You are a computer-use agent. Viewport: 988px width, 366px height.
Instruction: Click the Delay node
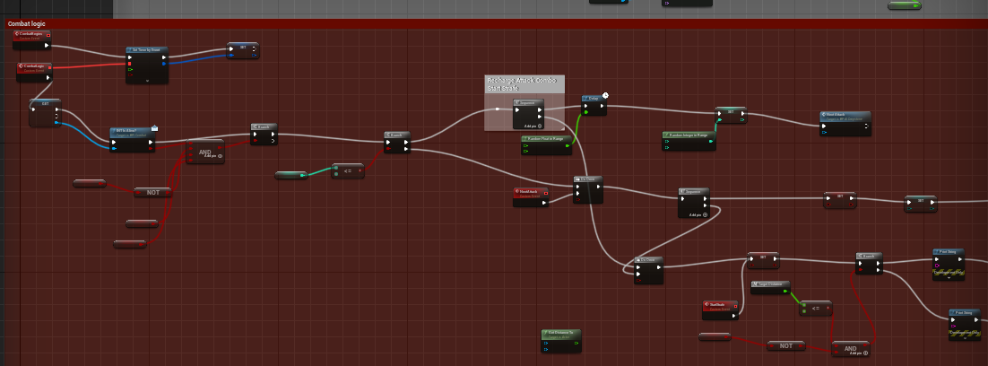pyautogui.click(x=593, y=100)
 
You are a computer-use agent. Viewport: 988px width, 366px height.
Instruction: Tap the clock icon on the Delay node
pyautogui.click(x=605, y=95)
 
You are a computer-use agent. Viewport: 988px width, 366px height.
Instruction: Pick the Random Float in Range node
pyautogui.click(x=546, y=139)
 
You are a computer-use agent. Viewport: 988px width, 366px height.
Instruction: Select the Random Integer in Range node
pyautogui.click(x=689, y=135)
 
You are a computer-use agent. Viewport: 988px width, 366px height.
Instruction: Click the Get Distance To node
pyautogui.click(x=561, y=333)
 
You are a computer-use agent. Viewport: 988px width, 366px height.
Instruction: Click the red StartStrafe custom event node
pyautogui.click(x=720, y=304)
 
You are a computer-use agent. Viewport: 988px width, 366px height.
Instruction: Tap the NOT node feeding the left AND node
pyautogui.click(x=152, y=192)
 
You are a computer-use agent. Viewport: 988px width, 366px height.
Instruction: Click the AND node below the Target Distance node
pyautogui.click(x=849, y=346)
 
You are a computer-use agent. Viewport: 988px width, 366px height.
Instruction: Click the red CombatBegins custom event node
pyautogui.click(x=32, y=34)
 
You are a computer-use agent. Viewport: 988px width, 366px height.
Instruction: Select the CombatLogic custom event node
pyautogui.click(x=34, y=67)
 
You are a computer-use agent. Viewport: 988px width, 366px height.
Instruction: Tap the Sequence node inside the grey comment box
pyautogui.click(x=528, y=103)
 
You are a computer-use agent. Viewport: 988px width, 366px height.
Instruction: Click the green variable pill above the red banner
pyautogui.click(x=905, y=5)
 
